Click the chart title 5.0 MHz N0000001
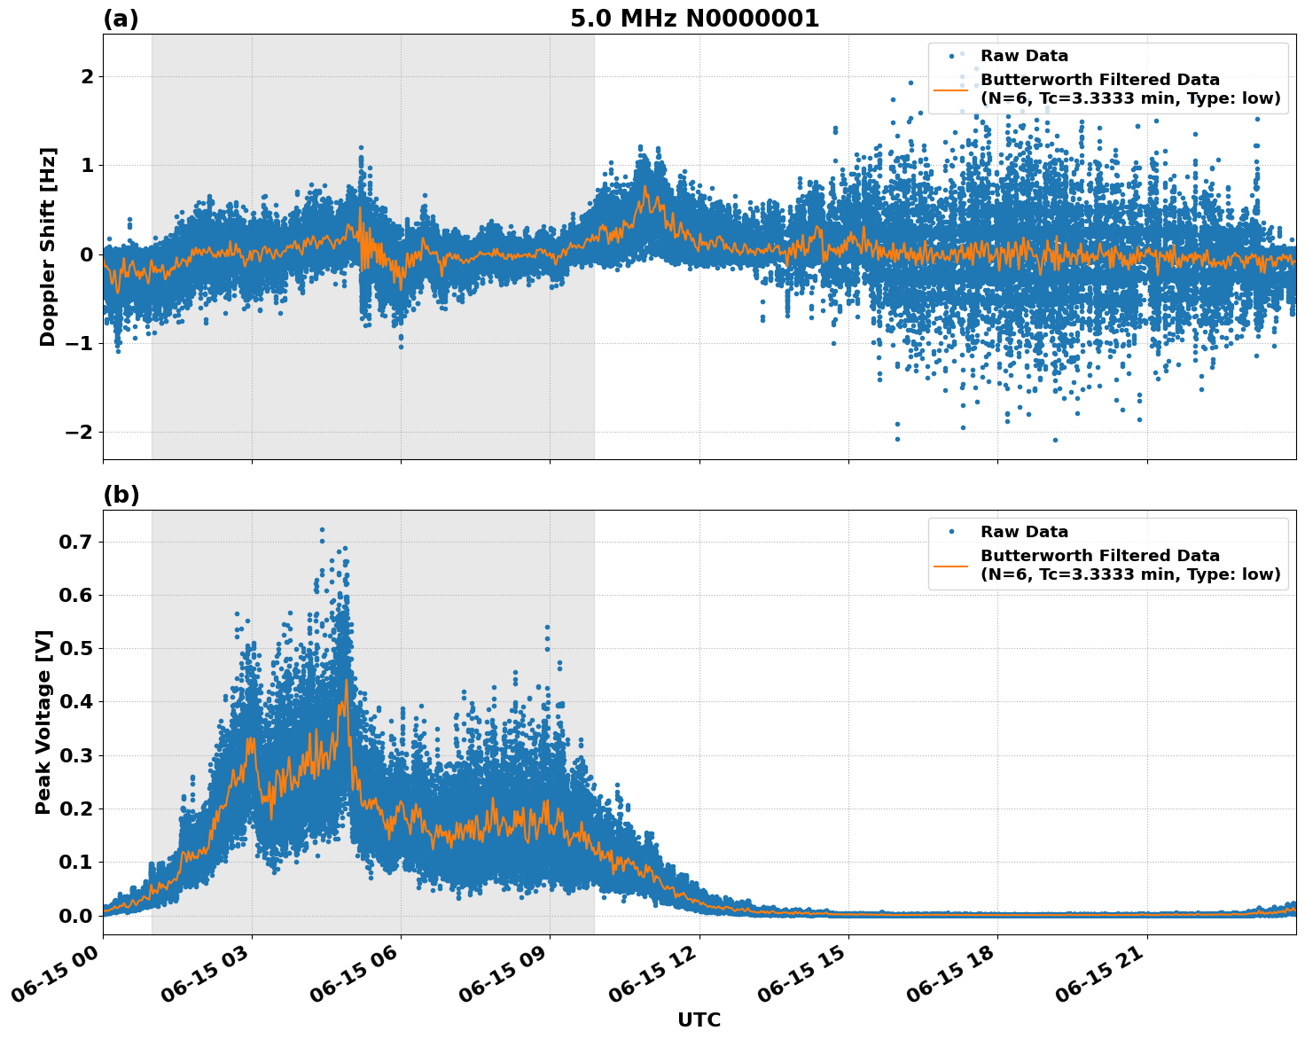(x=694, y=19)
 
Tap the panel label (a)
(x=121, y=19)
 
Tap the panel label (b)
(x=121, y=495)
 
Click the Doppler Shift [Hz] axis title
(x=48, y=246)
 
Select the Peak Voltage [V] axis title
(x=43, y=722)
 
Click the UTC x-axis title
(x=699, y=1019)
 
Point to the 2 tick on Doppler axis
(x=87, y=77)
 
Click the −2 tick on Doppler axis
(x=80, y=432)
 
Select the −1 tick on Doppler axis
(x=80, y=343)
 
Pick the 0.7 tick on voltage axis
(x=78, y=542)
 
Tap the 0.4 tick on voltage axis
(x=78, y=702)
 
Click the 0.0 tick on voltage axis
(x=78, y=916)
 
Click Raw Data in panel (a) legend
(x=1024, y=56)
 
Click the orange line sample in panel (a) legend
(x=950, y=90)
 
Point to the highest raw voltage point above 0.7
(x=322, y=529)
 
